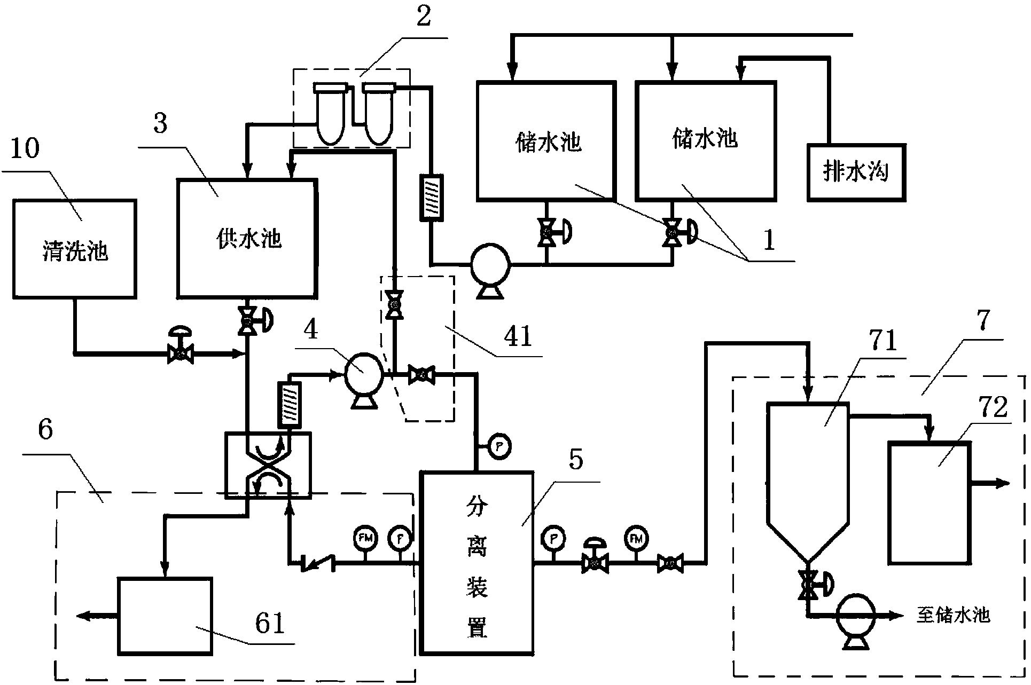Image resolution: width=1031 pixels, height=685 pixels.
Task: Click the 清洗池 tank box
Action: coord(75,248)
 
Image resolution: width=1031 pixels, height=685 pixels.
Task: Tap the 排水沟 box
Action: coord(856,172)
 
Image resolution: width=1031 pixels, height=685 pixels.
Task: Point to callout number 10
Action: coord(25,148)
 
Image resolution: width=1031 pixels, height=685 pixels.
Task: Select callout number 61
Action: coord(270,623)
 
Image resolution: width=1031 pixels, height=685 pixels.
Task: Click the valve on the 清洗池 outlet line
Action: coord(180,353)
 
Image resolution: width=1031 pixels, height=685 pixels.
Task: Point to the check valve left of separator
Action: coord(317,562)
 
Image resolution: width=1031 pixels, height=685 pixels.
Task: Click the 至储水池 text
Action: coord(953,615)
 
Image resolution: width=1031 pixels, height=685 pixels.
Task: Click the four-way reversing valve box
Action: coord(268,465)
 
